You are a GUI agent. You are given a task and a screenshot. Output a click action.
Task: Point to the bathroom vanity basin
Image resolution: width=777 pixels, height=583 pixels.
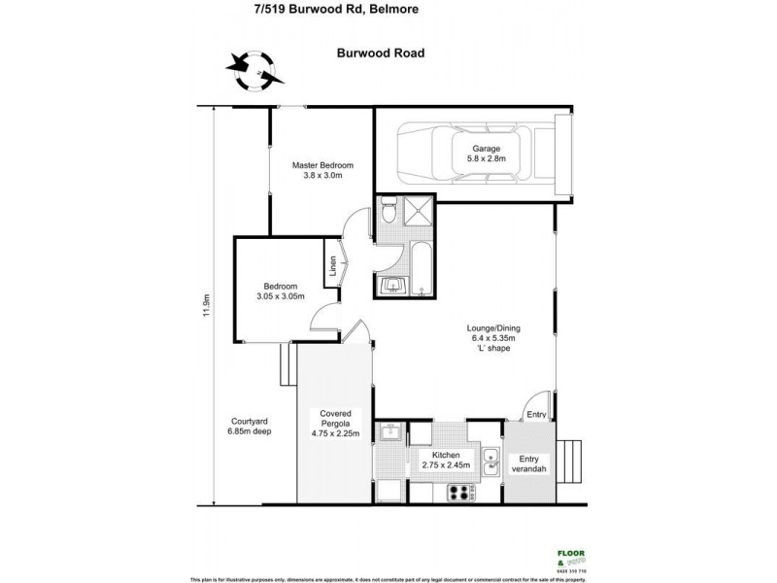pos(392,284)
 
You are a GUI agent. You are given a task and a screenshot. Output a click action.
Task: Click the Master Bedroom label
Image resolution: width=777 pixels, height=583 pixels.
pos(321,171)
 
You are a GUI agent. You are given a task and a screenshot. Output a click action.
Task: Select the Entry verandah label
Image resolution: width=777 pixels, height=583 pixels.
pos(533,464)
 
